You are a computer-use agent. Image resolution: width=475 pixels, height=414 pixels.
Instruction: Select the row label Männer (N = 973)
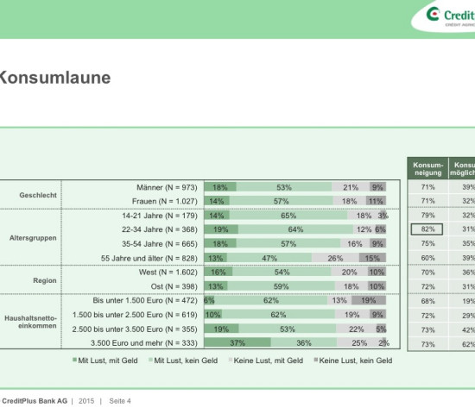coord(168,187)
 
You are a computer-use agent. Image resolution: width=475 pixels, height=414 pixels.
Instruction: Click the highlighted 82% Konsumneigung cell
coord(427,229)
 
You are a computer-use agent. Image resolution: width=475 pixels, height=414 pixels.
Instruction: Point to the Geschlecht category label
coord(38,195)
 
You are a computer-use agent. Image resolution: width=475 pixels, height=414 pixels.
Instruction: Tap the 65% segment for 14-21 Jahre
coord(288,216)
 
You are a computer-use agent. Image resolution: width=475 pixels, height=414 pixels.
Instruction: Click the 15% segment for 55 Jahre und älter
coord(370,258)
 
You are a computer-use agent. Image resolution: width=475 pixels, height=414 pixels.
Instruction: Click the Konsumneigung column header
coord(427,167)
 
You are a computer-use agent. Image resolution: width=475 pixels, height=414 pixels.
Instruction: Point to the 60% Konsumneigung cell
coord(427,258)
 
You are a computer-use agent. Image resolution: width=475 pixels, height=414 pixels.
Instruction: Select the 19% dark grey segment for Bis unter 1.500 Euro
coord(369,300)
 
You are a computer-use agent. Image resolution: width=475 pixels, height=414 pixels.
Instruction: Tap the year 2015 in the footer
coord(87,401)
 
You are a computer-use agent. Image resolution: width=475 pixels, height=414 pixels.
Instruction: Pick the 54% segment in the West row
coord(281,272)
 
